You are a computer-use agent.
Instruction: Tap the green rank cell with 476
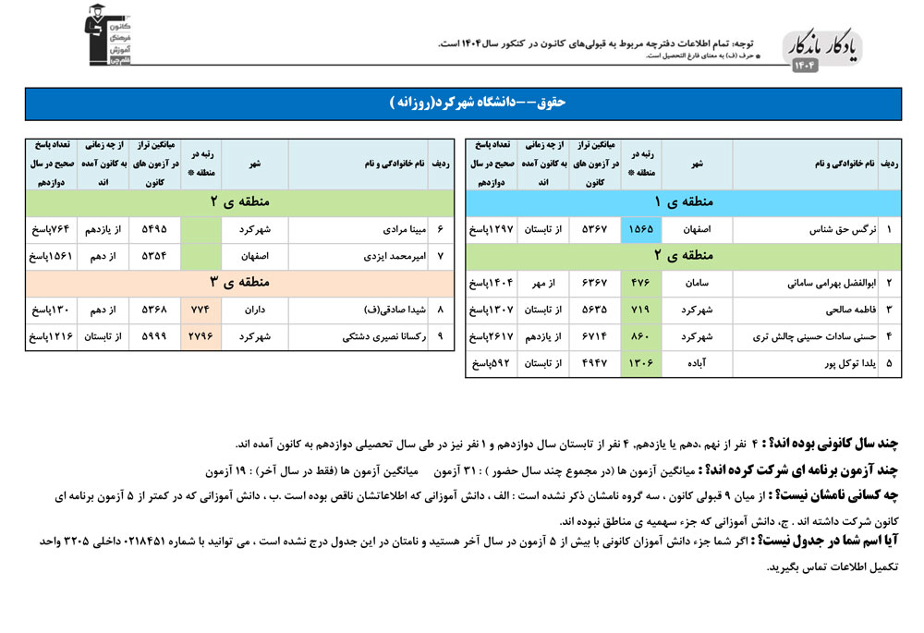click(639, 283)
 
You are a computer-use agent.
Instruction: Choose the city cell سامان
click(696, 283)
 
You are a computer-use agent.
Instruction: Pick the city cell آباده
click(696, 364)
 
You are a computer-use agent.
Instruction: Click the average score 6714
click(595, 337)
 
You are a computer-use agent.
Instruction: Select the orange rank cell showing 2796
click(201, 337)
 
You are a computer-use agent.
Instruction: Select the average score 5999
click(153, 337)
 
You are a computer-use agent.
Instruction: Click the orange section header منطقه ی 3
click(239, 282)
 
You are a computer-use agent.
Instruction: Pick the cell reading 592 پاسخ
click(489, 364)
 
